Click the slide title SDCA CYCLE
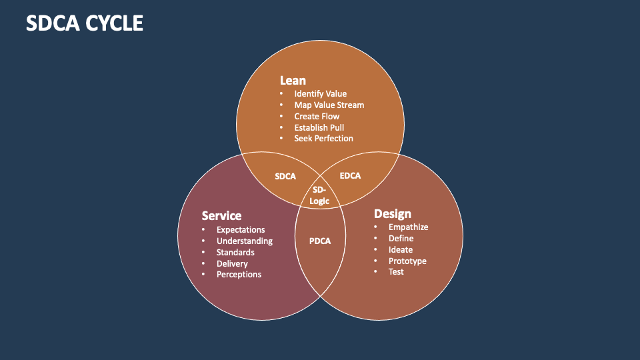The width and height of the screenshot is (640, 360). point(84,23)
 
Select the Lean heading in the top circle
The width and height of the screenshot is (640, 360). point(293,81)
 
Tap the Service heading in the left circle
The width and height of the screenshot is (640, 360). point(221,216)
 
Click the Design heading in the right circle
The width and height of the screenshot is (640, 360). point(392,213)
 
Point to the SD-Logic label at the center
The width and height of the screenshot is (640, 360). point(320,195)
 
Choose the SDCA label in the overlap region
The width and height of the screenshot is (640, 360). point(285,177)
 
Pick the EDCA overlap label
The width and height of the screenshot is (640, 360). point(350,176)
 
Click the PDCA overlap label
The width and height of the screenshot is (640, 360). point(319,241)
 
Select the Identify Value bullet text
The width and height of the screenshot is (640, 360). point(320,94)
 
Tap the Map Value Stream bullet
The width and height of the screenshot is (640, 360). point(329,105)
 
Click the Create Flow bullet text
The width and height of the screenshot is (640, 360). point(317,117)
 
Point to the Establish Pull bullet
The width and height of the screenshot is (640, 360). point(319,127)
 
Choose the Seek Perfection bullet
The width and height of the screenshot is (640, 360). point(323,139)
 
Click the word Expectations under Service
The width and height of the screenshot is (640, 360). point(241,230)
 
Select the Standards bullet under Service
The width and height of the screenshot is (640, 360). point(235,253)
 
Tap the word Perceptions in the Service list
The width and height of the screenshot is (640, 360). point(239,275)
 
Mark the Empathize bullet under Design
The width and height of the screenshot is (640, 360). point(408,227)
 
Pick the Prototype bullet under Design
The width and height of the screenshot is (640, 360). point(407,261)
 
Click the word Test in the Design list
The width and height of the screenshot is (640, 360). point(396,272)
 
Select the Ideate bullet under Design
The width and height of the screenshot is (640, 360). point(401,250)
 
